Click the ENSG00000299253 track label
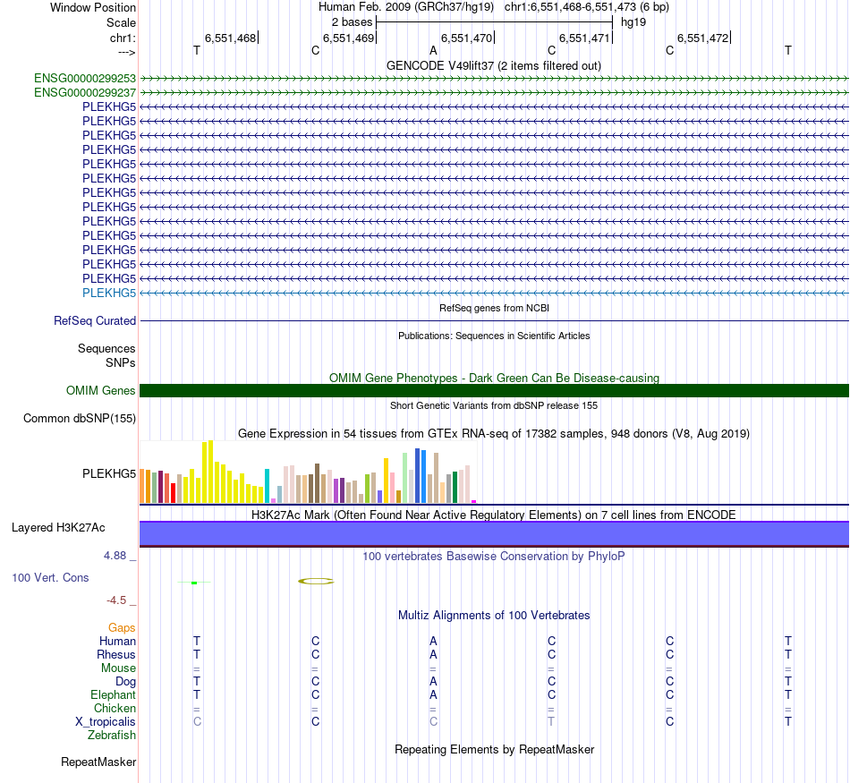pyautogui.click(x=85, y=78)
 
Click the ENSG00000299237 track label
pyautogui.click(x=85, y=92)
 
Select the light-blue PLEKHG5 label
pyautogui.click(x=109, y=293)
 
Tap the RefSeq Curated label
pyautogui.click(x=95, y=320)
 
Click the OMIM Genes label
pyautogui.click(x=101, y=390)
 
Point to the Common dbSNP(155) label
pyautogui.click(x=80, y=418)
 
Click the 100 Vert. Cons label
pyautogui.click(x=50, y=578)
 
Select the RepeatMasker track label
pyautogui.click(x=98, y=762)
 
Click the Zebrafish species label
pyautogui.click(x=112, y=735)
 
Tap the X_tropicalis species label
pyautogui.click(x=106, y=721)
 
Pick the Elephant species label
pyautogui.click(x=113, y=694)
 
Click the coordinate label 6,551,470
pyautogui.click(x=467, y=38)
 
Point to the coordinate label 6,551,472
pyautogui.click(x=703, y=38)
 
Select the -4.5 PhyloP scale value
pyautogui.click(x=119, y=600)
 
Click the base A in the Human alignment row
pyautogui.click(x=433, y=641)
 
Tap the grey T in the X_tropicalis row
pyautogui.click(x=551, y=721)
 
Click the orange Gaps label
pyautogui.click(x=122, y=627)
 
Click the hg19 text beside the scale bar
pyautogui.click(x=633, y=21)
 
